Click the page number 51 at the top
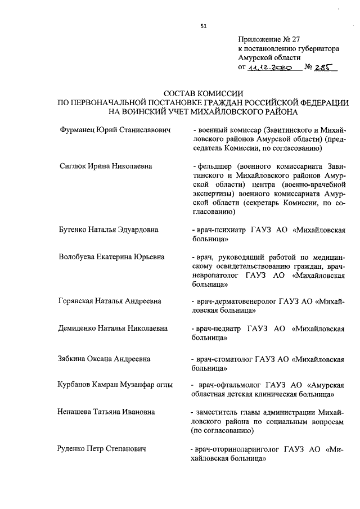[x=203, y=25]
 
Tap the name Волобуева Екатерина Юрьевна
[x=111, y=257]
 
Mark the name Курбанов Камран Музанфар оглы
[x=115, y=385]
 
